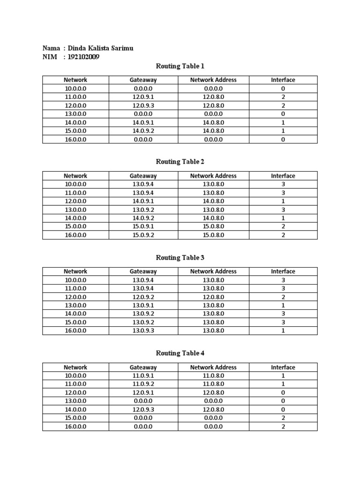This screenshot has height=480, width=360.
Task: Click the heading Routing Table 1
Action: pos(180,66)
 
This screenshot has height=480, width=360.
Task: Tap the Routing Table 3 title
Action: pos(180,257)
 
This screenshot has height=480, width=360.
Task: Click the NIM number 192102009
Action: pos(84,57)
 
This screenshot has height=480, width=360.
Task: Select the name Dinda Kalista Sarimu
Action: pos(104,48)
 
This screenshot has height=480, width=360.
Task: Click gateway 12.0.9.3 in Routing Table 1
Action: pos(143,105)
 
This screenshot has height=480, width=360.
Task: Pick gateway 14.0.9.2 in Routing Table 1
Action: pos(143,131)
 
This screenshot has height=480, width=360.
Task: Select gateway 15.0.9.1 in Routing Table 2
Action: pos(143,226)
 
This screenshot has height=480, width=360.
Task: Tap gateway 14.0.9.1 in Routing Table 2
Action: pos(143,201)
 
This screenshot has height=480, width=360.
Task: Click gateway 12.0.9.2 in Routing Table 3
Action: pos(143,297)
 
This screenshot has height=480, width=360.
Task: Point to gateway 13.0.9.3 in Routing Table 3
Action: pos(143,330)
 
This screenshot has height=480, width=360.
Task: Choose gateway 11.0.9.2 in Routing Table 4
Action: pos(143,384)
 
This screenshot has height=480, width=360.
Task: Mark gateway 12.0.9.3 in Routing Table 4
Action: pos(143,409)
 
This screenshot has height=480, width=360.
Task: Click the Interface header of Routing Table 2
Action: pos(283,176)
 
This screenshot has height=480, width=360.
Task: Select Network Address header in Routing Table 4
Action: pos(213,367)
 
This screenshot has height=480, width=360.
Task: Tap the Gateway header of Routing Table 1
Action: pos(143,80)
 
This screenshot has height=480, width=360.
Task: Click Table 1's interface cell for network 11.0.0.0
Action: pos(283,97)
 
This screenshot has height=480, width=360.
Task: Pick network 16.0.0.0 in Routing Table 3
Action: pos(75,330)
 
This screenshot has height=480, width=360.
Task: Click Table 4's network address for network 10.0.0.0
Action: pos(213,375)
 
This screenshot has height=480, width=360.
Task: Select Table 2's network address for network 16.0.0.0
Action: pos(213,235)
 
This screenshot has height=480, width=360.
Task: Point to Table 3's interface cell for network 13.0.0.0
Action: pos(283,305)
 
